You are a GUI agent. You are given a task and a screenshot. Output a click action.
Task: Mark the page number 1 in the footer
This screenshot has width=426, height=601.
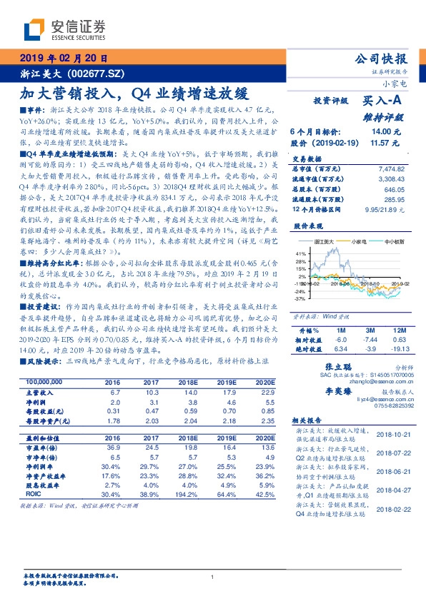tap(213, 577)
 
